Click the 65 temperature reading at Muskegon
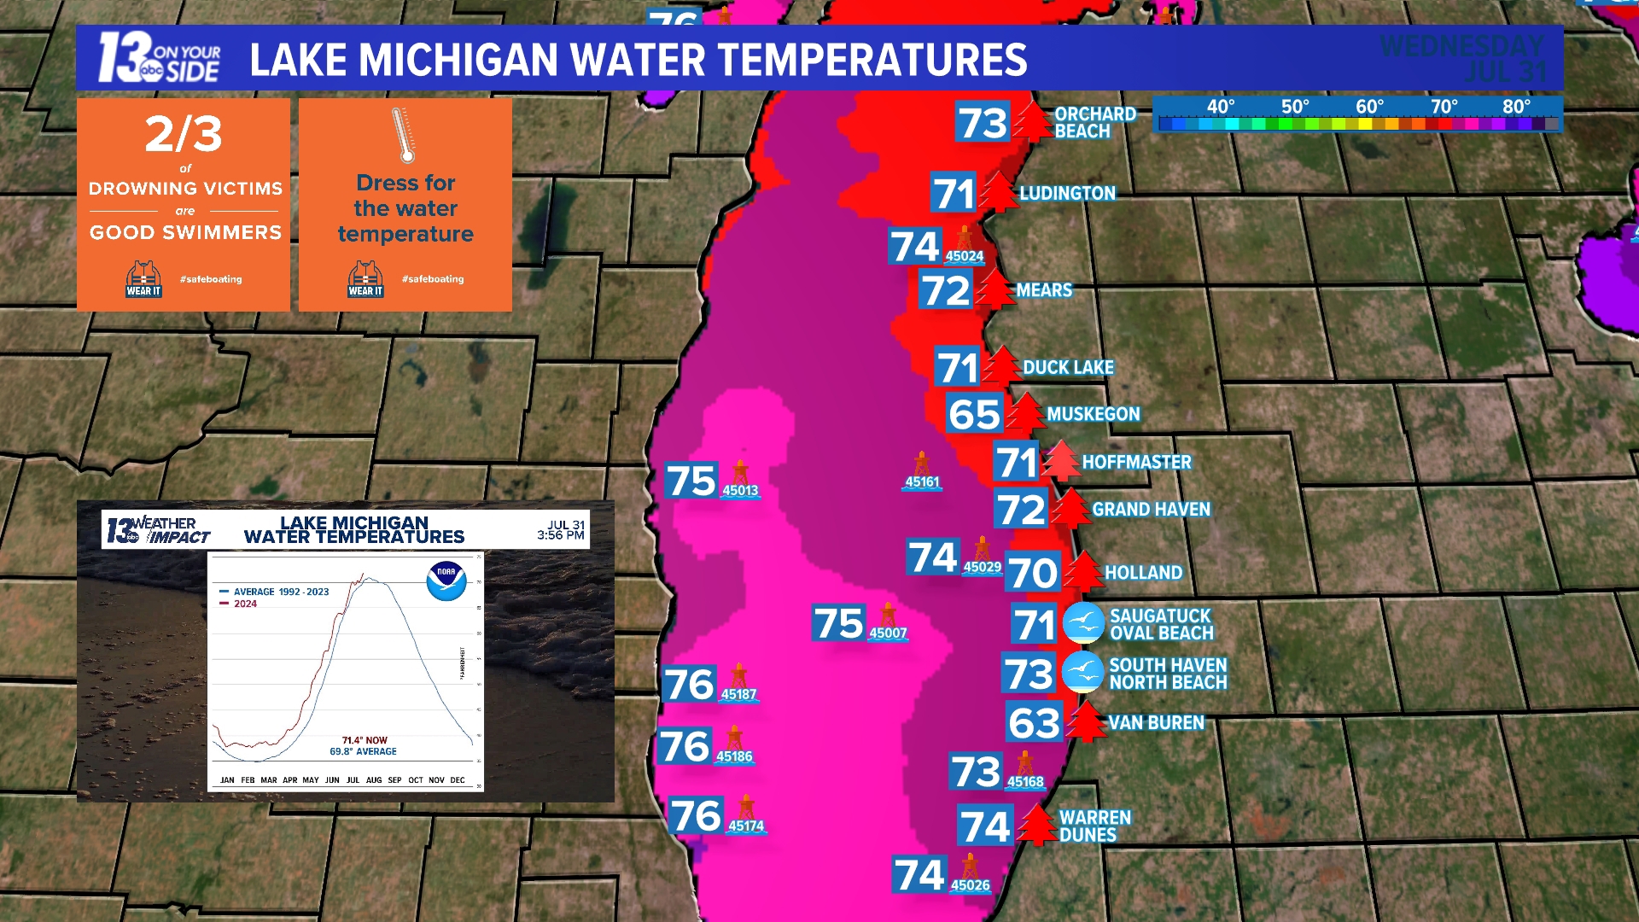[x=974, y=415]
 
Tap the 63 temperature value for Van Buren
[x=1034, y=724]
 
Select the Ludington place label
[x=1067, y=194]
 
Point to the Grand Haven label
[x=1151, y=510]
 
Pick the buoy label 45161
[x=922, y=482]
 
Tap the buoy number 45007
[x=888, y=633]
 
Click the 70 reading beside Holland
[x=1032, y=573]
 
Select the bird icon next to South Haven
[x=1082, y=673]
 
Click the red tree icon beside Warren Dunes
[x=1037, y=825]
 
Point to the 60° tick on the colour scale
[x=1369, y=108]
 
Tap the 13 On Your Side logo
[x=159, y=58]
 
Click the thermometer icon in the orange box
[x=403, y=135]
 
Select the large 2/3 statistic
[x=184, y=134]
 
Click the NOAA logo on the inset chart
[x=446, y=581]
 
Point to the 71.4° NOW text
[x=365, y=740]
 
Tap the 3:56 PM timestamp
[x=561, y=535]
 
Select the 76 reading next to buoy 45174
[x=695, y=816]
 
